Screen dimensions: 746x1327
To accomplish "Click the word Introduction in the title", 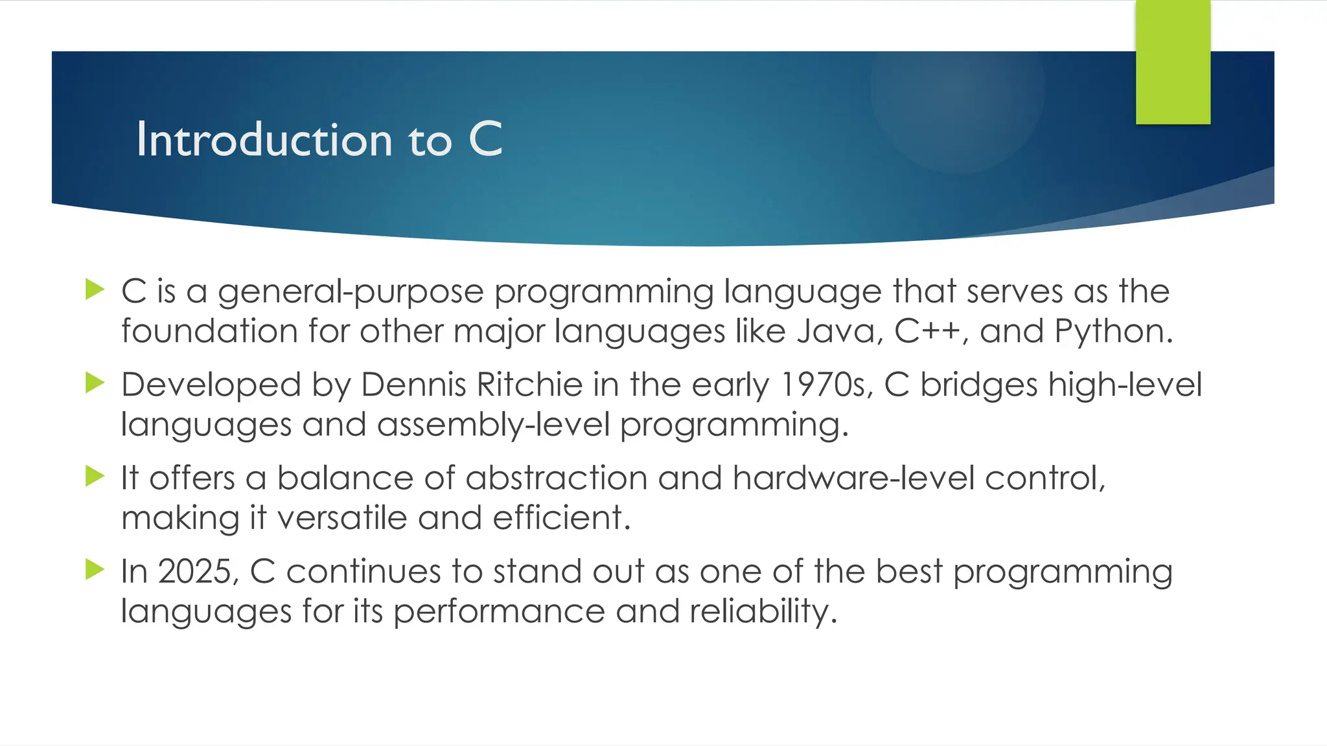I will pos(264,140).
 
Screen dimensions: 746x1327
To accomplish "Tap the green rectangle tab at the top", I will pos(1173,62).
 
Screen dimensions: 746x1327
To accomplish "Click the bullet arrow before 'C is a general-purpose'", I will pos(95,289).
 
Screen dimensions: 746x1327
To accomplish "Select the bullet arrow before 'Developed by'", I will pos(95,383).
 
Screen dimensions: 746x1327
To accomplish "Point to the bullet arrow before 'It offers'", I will pos(95,477).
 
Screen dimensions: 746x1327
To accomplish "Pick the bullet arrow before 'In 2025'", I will pos(95,570).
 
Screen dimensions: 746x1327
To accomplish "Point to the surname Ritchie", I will pos(529,385).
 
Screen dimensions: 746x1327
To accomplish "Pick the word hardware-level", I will pos(853,479).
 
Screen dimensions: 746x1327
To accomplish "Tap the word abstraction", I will pos(556,479).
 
